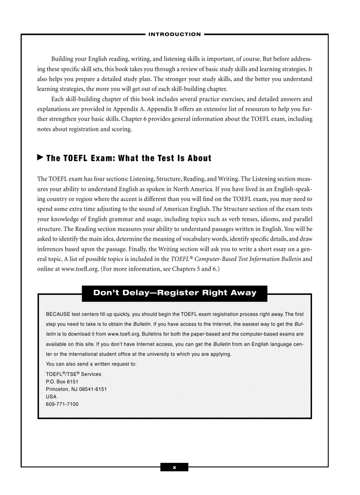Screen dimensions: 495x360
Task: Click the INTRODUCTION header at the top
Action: (175, 34)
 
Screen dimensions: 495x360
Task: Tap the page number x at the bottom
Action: (174, 467)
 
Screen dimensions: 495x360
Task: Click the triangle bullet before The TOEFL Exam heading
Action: (40, 157)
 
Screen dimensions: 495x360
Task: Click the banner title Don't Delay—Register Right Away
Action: (175, 293)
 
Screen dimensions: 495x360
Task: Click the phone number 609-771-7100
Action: (62, 405)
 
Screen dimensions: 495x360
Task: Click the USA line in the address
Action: (51, 397)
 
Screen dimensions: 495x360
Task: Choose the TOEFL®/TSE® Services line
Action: (73, 374)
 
